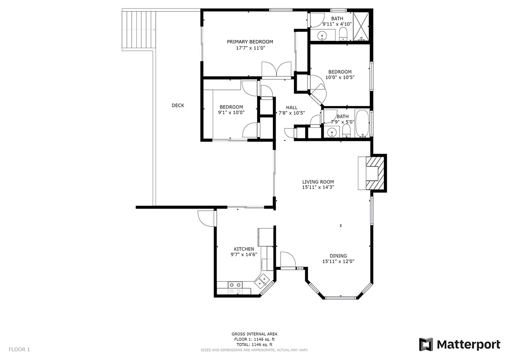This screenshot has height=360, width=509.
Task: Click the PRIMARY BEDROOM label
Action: [250, 41]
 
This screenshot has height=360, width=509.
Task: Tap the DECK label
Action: [178, 106]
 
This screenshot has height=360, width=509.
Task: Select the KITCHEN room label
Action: [244, 249]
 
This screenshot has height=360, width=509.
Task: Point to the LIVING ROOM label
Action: [318, 182]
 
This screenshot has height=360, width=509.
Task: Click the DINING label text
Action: [338, 256]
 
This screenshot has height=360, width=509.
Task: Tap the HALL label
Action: [291, 108]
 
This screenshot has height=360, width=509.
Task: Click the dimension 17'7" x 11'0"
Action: [250, 48]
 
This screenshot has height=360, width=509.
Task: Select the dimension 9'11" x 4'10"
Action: [337, 24]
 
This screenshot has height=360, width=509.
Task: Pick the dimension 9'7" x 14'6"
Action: [244, 254]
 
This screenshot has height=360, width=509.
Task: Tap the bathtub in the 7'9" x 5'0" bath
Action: [362, 124]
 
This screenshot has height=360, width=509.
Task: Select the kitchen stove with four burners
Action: [235, 288]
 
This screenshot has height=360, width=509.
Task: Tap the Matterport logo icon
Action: [426, 344]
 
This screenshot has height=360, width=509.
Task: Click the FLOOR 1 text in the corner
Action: [19, 349]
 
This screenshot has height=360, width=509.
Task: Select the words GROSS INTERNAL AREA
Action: [254, 334]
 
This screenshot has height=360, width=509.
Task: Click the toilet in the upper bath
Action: [343, 34]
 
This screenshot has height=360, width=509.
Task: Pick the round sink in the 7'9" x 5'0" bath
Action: [331, 132]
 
